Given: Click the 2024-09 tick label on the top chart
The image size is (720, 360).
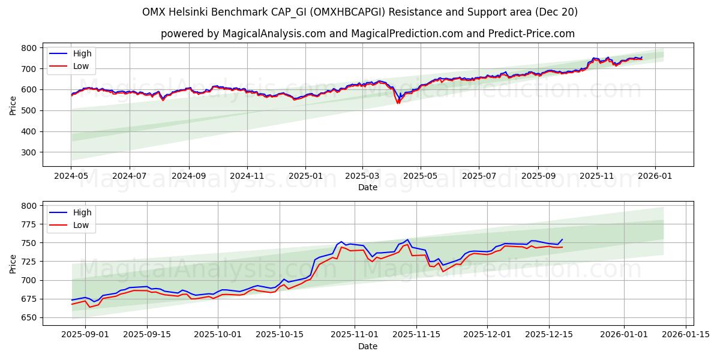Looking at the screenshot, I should (x=189, y=177).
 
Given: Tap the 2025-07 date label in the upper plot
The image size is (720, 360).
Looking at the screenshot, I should (x=478, y=177).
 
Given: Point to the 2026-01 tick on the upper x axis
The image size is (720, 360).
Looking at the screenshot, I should (x=655, y=177).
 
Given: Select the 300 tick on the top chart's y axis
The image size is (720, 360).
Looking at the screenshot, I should (x=29, y=152).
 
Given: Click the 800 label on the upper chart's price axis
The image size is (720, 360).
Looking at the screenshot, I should (x=29, y=48).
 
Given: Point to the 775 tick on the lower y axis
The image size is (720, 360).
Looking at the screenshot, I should (x=29, y=224).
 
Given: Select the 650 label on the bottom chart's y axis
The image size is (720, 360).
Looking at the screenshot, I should (x=29, y=318).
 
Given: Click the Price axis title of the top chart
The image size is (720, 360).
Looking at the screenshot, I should (x=13, y=105).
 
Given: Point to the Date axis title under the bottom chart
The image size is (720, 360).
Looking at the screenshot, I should (x=368, y=346).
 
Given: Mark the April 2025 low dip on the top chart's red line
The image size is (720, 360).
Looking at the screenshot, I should (x=398, y=103).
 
